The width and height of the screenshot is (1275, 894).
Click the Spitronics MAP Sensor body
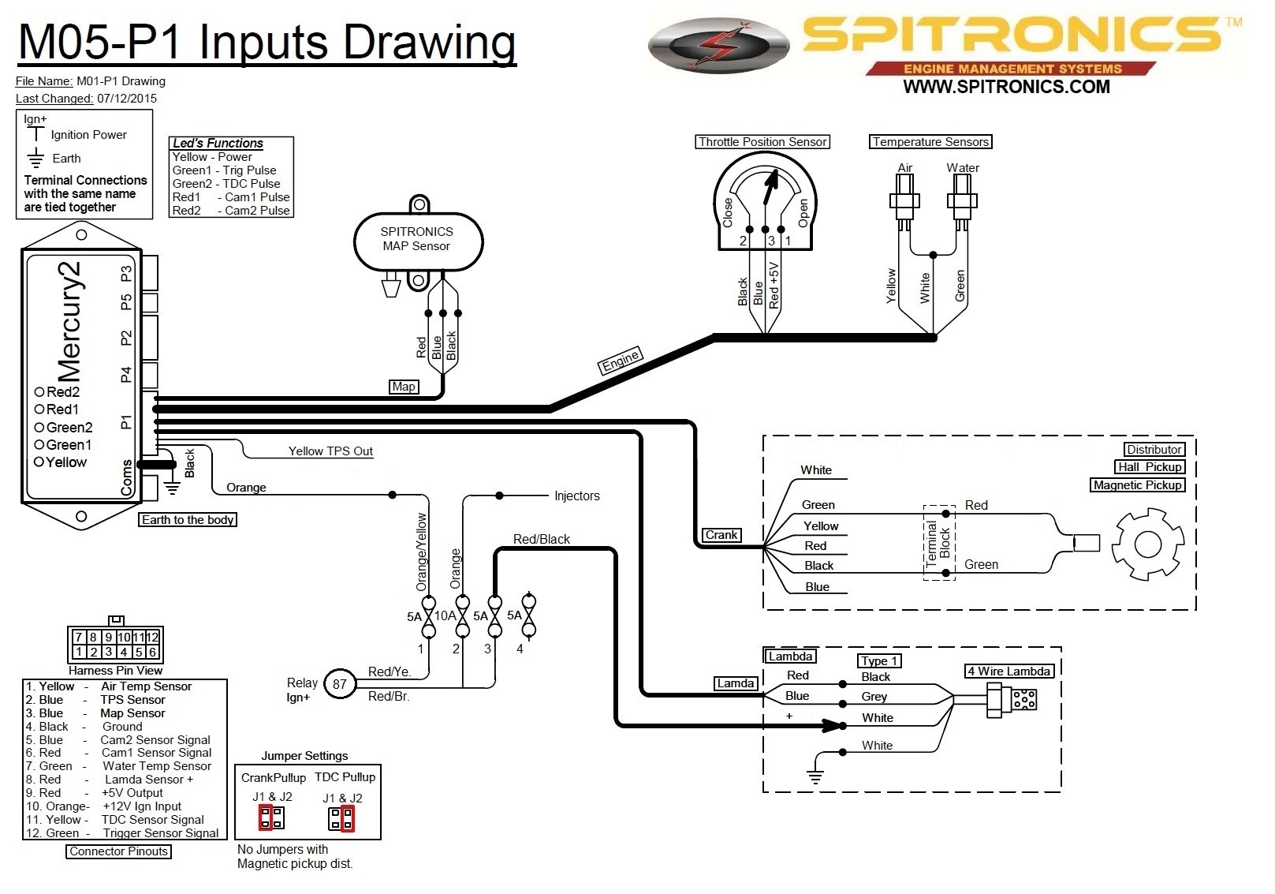coord(417,240)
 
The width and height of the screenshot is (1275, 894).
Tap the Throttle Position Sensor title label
coord(762,142)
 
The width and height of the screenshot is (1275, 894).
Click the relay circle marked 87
coord(339,684)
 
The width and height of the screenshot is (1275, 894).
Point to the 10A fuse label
coord(445,615)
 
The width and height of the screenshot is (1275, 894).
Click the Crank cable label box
coord(721,535)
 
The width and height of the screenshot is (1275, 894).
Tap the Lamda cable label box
coord(735,683)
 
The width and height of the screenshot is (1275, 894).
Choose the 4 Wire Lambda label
coord(1009,671)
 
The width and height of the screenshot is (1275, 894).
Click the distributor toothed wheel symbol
coord(1147,544)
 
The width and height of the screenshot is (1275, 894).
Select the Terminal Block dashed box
coord(938,543)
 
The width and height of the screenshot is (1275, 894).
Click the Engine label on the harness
coord(621,361)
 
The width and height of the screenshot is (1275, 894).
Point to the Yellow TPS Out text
coord(330,451)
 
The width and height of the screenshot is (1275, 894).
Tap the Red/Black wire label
coord(541,540)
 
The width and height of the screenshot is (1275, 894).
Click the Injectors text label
coord(576,496)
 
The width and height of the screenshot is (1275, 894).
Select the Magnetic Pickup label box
coord(1137,485)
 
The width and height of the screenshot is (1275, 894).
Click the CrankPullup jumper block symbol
coord(271,817)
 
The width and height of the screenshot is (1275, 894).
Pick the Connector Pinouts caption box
coord(118,851)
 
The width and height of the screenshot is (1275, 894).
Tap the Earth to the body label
coord(188,520)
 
